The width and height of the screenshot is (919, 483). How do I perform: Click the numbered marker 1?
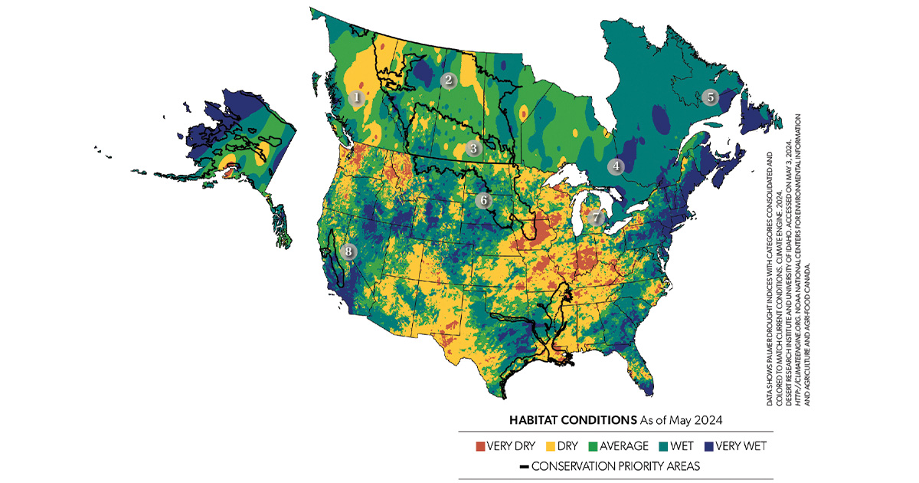point(355,98)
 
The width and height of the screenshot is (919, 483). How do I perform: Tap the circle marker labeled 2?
point(448,80)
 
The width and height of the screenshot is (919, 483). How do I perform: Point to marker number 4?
point(615,165)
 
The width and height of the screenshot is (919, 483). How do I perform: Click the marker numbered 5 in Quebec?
point(709,97)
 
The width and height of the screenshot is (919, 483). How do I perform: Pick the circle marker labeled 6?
point(482,201)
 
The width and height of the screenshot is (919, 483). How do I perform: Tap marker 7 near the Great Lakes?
point(597,217)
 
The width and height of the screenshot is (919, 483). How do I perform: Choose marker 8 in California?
point(349,251)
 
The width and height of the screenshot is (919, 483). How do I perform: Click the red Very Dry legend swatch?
point(481,445)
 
